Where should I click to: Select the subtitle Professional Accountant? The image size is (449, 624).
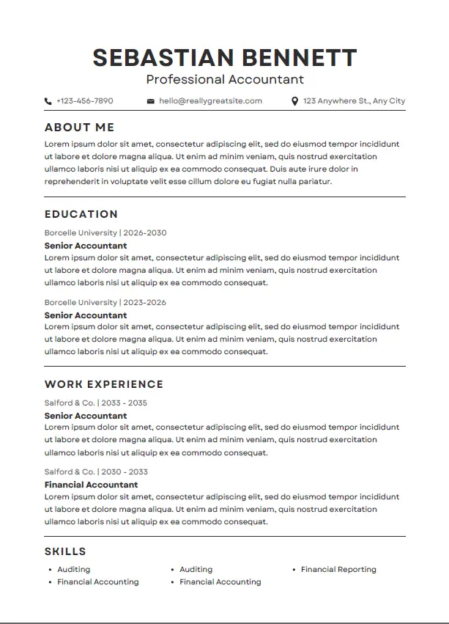tap(225, 79)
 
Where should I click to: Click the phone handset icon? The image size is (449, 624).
tap(48, 101)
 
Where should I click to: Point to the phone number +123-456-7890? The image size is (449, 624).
tap(85, 101)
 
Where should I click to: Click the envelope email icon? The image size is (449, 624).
tap(151, 101)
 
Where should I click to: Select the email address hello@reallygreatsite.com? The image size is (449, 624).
tap(210, 101)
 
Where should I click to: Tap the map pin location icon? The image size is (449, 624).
tap(294, 101)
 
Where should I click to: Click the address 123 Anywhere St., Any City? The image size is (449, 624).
tap(354, 101)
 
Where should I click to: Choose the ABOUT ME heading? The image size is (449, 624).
tap(79, 128)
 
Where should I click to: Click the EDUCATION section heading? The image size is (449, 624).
tap(81, 214)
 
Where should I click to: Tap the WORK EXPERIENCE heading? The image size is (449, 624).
tap(104, 384)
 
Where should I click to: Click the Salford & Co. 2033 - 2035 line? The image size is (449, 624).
tap(96, 403)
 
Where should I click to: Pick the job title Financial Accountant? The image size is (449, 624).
tap(91, 485)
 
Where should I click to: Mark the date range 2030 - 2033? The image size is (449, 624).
tap(124, 472)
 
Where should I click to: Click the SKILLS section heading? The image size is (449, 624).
tap(65, 551)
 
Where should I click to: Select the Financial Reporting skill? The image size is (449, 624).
tap(338, 569)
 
